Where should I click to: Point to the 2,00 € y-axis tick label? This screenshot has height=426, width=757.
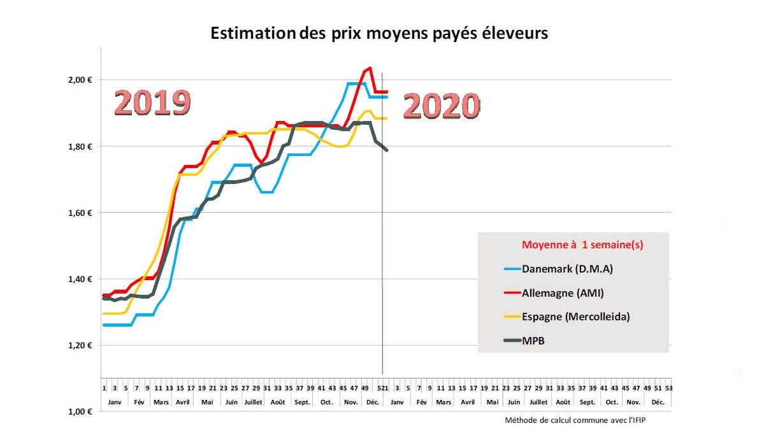point(81,80)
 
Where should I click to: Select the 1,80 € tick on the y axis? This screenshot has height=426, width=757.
point(81,146)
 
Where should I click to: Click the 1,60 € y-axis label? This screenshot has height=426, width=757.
point(81,213)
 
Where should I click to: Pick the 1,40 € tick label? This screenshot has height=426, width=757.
point(81,279)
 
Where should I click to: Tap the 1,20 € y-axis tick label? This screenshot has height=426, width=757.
point(81,345)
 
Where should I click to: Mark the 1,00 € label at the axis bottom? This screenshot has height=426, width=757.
point(81,411)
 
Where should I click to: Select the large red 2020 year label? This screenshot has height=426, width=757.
point(441,106)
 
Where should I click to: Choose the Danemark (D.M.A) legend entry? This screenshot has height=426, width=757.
point(567,269)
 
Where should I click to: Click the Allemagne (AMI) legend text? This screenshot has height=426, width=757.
point(563,293)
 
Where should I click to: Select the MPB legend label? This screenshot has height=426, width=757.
point(533,341)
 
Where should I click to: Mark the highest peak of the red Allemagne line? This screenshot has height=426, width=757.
point(370,68)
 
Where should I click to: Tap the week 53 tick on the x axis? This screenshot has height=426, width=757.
point(668,387)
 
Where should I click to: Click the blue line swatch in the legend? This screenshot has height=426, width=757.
point(512,269)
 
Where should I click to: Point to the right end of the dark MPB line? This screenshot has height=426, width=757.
point(386,150)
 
